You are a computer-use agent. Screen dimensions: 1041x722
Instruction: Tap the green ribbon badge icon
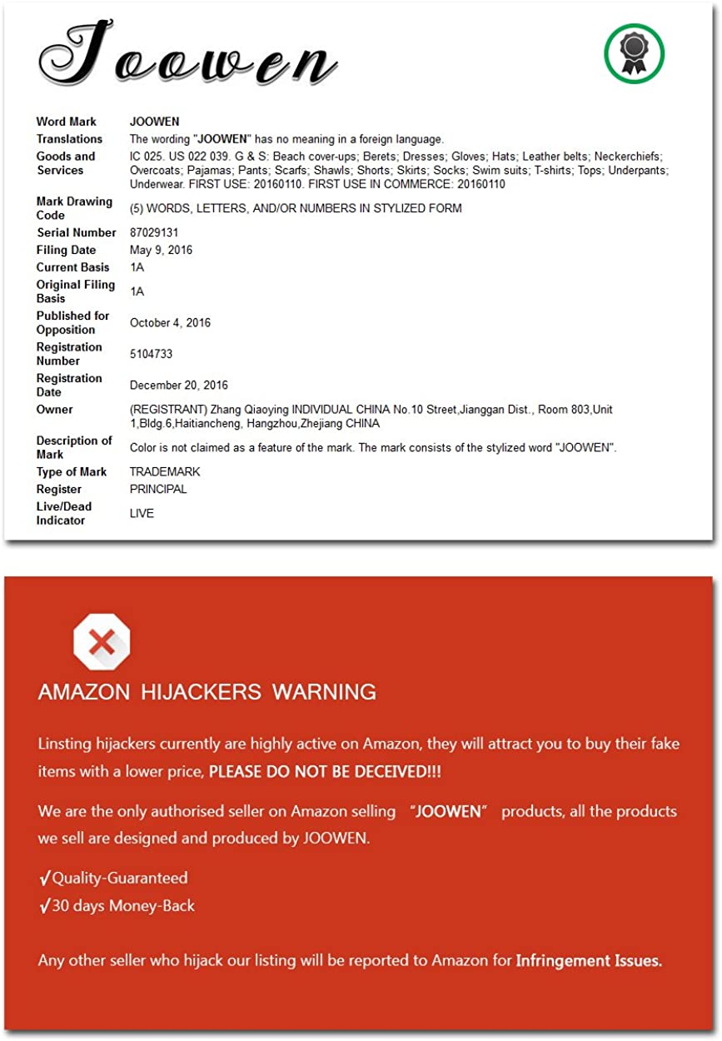(x=634, y=54)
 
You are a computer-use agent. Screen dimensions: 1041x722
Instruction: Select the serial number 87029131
(x=154, y=232)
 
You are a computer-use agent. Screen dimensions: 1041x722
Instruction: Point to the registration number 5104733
(x=151, y=354)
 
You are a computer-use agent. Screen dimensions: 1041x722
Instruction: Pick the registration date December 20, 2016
(x=179, y=385)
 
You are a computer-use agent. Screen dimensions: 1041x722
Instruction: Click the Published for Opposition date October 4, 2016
(x=170, y=322)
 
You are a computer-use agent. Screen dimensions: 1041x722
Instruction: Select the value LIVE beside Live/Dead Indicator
(x=142, y=513)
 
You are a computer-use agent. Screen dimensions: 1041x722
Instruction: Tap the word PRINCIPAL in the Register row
(x=158, y=489)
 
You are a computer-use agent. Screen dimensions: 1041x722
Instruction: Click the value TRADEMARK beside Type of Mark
(x=165, y=471)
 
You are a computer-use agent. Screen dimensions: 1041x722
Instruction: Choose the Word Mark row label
(x=67, y=122)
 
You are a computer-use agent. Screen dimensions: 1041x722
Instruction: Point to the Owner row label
(x=54, y=409)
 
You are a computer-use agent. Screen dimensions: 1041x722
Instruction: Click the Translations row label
(x=69, y=139)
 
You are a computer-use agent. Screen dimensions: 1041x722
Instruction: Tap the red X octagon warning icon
(x=102, y=642)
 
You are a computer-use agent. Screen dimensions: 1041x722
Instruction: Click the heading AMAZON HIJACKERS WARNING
(x=207, y=691)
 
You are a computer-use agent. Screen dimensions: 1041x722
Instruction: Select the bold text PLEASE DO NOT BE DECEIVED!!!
(x=325, y=771)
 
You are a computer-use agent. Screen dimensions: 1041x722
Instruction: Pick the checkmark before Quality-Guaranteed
(x=44, y=878)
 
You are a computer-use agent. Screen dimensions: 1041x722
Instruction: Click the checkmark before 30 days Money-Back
(x=44, y=905)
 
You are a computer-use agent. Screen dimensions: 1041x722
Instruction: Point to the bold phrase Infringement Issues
(x=589, y=960)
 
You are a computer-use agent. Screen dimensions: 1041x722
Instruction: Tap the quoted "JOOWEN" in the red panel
(x=448, y=811)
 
